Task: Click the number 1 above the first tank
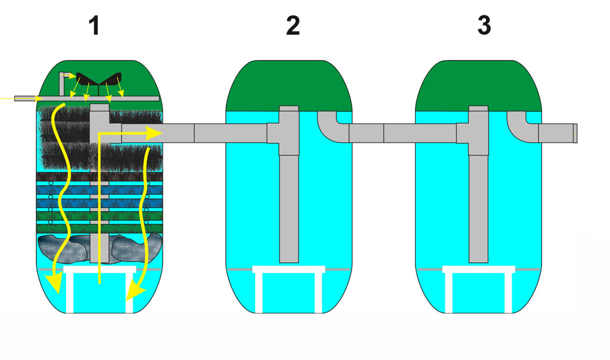point(93,26)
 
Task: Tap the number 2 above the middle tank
point(292,26)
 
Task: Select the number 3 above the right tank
point(484,26)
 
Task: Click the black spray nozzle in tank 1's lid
point(99,78)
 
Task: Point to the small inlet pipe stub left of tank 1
point(26,97)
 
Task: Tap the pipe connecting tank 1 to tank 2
point(197,133)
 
